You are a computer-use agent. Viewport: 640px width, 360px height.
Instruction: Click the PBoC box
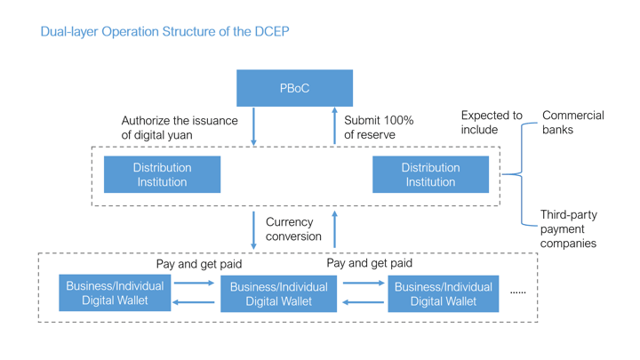[x=295, y=88]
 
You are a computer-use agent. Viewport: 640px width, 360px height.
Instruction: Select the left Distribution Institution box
[x=162, y=174]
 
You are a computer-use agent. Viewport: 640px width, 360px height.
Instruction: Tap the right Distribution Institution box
[x=430, y=174]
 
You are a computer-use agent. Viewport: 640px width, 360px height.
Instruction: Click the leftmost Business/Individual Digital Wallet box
[x=115, y=292]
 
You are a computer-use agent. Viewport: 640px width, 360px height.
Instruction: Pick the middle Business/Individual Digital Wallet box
[x=279, y=294]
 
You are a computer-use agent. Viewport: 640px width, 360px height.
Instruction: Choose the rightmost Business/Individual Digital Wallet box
[x=444, y=294]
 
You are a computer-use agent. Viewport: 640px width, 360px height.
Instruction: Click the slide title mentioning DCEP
[x=165, y=31]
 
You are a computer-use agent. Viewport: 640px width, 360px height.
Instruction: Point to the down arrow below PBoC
[x=253, y=126]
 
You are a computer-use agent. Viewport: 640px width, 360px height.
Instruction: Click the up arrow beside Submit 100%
[x=335, y=125]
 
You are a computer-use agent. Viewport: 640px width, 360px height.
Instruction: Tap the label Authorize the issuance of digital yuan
[x=180, y=128]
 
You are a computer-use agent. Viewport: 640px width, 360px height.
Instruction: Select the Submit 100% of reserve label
[x=379, y=127]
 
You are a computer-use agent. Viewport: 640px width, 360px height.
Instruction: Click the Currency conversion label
[x=293, y=229]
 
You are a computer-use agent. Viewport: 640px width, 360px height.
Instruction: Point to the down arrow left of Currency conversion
[x=253, y=230]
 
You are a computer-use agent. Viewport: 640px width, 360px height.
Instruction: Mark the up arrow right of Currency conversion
[x=335, y=229]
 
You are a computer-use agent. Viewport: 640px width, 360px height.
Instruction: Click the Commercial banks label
[x=573, y=123]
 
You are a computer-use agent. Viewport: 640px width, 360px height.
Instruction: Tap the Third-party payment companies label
[x=569, y=229]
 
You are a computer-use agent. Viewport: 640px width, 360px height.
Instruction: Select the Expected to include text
[x=492, y=123]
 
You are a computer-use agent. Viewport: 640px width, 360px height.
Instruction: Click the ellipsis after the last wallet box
[x=518, y=292]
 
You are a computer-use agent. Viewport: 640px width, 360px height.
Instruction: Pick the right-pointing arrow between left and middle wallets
[x=195, y=283]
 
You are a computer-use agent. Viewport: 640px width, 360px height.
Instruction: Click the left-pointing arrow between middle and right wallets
[x=363, y=302]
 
